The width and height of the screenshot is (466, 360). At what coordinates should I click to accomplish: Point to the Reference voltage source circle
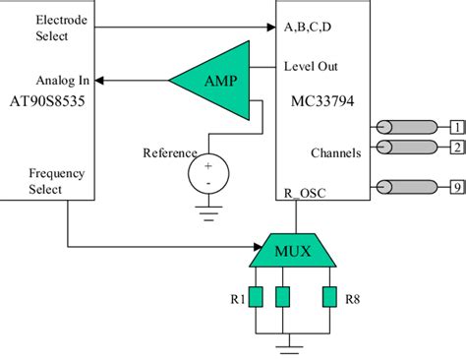coord(207,174)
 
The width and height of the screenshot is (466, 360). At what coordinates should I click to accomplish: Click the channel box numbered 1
coord(456,127)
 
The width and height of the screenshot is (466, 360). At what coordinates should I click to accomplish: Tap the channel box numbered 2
coord(456,148)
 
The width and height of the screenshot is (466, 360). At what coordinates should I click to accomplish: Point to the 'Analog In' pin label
coord(63,80)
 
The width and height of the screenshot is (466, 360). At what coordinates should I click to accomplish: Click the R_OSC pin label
coord(304,192)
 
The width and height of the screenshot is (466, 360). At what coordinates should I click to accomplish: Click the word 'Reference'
coord(169,152)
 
